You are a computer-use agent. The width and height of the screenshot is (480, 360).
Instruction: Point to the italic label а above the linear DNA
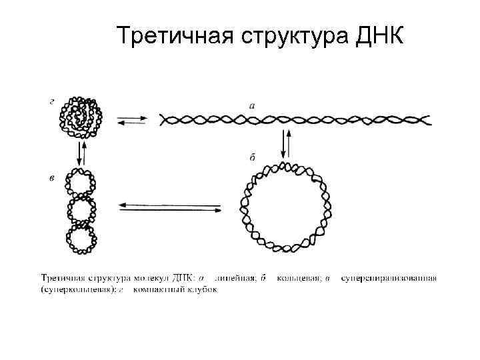pos(251,105)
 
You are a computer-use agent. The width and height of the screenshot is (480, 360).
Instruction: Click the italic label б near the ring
pos(253,157)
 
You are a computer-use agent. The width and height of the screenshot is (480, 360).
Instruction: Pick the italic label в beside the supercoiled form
pos(52,177)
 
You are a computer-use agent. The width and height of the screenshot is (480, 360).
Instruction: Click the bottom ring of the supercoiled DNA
pos(81,239)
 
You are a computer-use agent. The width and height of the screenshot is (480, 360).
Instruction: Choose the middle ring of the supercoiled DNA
pos(81,212)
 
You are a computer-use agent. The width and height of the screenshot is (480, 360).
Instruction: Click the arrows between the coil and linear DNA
pos(133,121)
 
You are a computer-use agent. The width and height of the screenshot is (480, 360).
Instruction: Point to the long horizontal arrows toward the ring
pos(169,208)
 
